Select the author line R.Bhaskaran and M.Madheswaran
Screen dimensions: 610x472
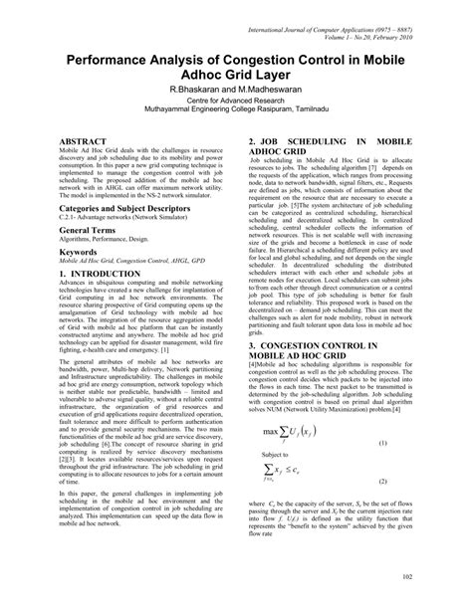click(235, 89)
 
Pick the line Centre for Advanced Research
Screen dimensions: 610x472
click(235, 102)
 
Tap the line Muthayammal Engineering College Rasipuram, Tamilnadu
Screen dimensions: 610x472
click(235, 114)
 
